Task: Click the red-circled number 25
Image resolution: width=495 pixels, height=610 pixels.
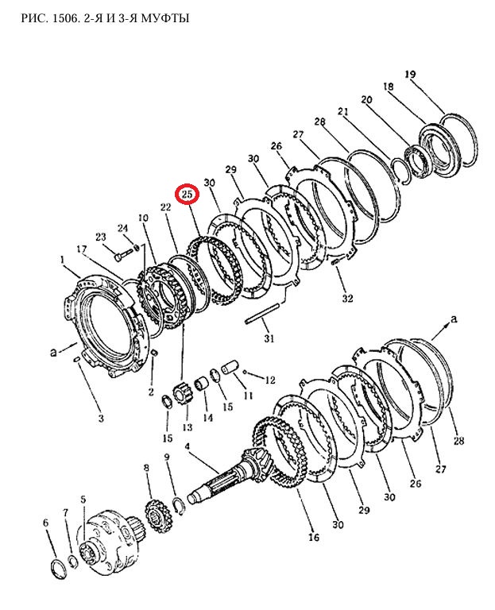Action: pos(188,194)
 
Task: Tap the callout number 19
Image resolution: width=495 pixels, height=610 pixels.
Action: pos(410,75)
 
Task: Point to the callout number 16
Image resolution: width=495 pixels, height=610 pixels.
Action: pos(314,538)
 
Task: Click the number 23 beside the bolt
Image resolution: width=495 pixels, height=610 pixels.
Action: pos(101,237)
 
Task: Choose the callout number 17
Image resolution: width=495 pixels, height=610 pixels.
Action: pos(81,250)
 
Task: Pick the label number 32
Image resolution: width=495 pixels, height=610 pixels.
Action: pos(347,299)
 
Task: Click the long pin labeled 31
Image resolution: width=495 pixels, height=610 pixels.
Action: pos(263,316)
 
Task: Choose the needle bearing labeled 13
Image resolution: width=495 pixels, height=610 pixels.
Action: pos(182,393)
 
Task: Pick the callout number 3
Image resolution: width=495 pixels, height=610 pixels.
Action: pos(101,418)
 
